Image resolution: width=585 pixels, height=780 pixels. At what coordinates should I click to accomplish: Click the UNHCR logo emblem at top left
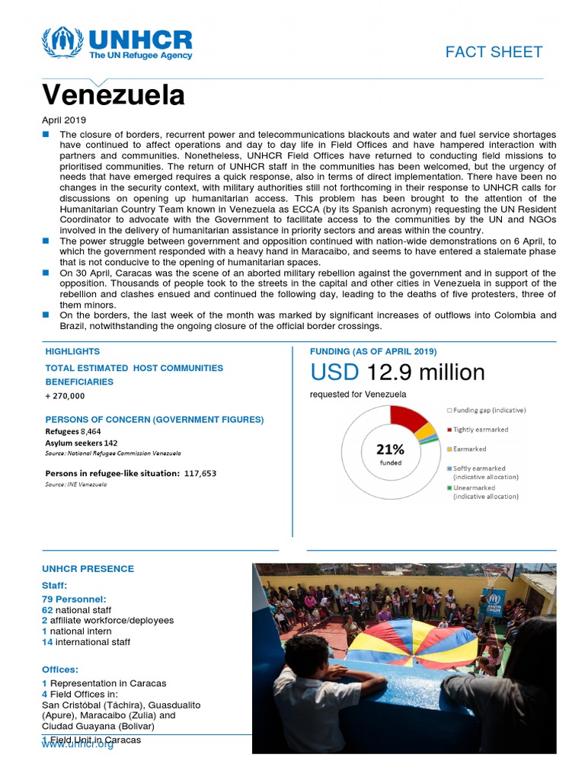(63, 43)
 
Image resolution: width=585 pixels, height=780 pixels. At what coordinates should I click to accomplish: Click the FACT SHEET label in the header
(494, 52)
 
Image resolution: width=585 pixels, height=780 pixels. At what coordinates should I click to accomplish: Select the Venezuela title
(113, 95)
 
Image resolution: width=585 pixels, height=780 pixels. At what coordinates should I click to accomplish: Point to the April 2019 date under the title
(64, 120)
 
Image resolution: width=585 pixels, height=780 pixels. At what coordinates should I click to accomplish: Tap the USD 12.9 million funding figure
(397, 372)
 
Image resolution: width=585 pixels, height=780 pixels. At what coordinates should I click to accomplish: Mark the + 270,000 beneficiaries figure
(65, 396)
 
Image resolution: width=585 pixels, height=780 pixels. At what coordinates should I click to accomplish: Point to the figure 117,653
(200, 473)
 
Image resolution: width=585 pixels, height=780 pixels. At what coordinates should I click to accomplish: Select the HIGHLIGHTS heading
(72, 352)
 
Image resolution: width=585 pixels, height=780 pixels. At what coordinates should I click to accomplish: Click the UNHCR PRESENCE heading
(88, 569)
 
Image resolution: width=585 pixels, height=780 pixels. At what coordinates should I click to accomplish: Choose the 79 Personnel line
(74, 599)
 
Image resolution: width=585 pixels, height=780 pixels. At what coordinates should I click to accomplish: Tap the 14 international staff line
(86, 642)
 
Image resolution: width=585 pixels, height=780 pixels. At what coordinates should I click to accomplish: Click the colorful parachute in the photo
(411, 640)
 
